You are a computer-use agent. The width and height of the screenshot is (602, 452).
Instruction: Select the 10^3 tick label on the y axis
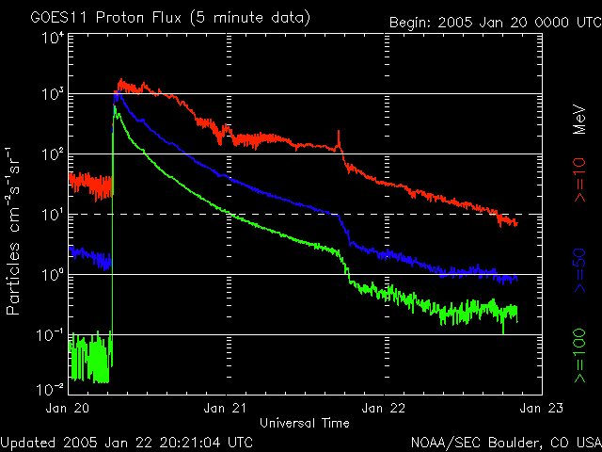pyautogui.click(x=51, y=95)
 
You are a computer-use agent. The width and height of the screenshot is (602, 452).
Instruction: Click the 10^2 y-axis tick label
pyautogui.click(x=51, y=155)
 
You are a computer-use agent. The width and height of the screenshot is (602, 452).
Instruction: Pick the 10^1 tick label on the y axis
pyautogui.click(x=51, y=216)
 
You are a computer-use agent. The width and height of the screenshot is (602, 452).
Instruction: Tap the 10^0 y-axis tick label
pyautogui.click(x=51, y=276)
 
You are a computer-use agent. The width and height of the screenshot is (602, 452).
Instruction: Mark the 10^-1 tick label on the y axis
pyautogui.click(x=49, y=336)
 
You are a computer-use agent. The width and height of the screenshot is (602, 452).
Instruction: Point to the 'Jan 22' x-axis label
pyautogui.click(x=385, y=409)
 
